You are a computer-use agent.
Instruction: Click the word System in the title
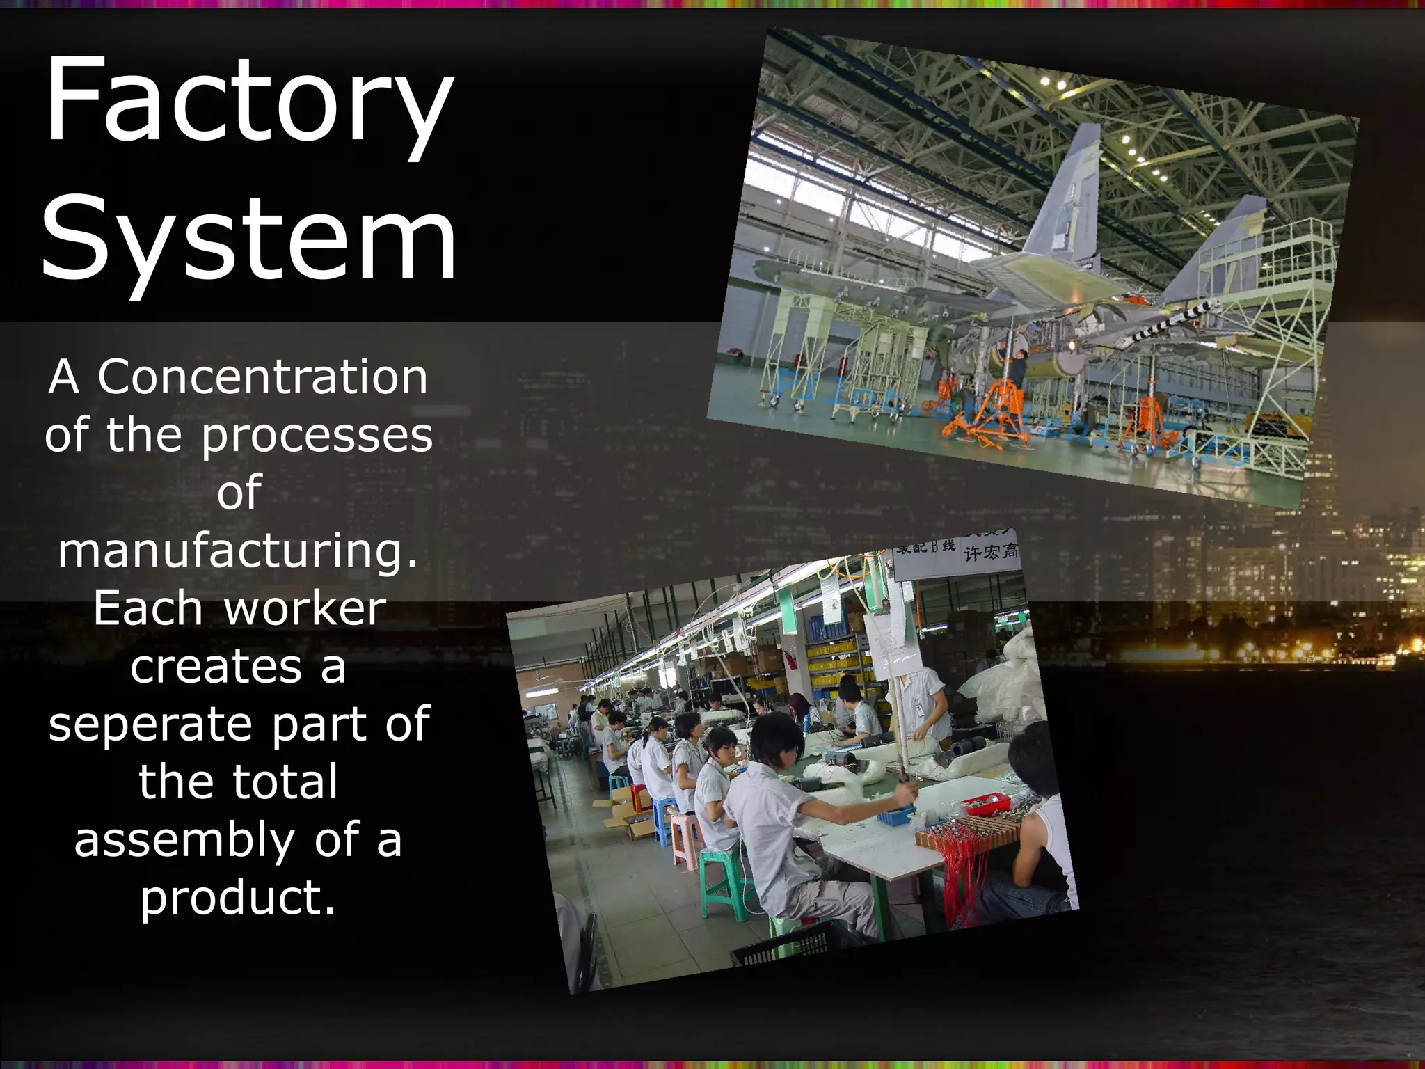[x=248, y=240]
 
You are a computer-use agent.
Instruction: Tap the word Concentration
[x=262, y=377]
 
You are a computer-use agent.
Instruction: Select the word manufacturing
[x=238, y=550]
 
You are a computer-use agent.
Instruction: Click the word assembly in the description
[x=184, y=840]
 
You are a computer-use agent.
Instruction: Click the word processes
[x=317, y=435]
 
